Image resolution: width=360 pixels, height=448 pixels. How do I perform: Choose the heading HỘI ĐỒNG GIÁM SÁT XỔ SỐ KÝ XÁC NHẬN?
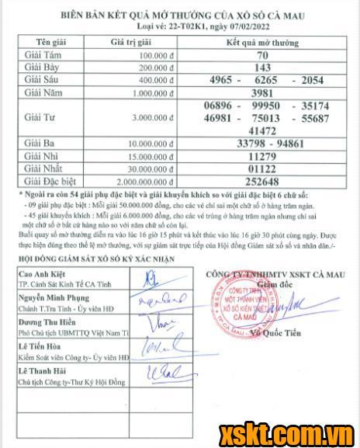93,259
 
